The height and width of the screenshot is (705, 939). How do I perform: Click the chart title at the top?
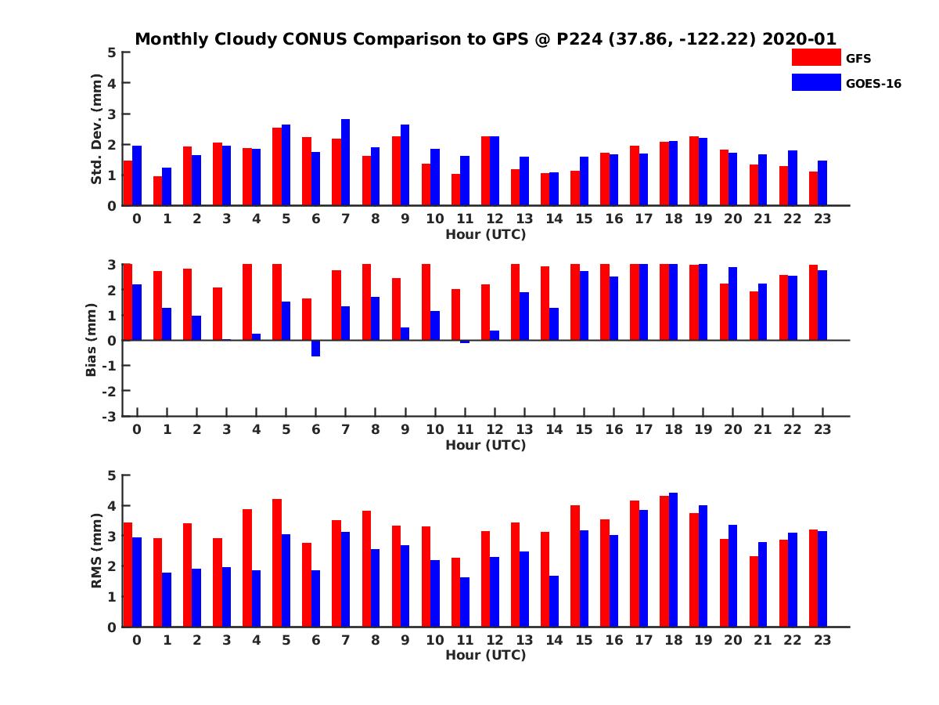(x=485, y=39)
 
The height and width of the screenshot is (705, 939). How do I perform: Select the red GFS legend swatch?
(x=815, y=57)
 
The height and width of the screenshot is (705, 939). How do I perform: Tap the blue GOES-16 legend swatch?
(x=815, y=81)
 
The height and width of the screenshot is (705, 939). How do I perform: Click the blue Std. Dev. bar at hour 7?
(x=345, y=162)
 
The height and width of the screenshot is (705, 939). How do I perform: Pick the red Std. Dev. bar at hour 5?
(x=277, y=166)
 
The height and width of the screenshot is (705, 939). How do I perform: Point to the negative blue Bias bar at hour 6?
(x=315, y=348)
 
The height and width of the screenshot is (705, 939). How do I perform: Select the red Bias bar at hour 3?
(x=218, y=313)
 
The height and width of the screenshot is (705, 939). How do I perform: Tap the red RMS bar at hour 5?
(x=277, y=562)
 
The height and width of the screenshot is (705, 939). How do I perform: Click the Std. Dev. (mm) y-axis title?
(x=97, y=129)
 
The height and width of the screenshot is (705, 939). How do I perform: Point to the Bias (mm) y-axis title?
(x=92, y=339)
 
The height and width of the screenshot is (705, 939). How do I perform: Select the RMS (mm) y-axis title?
(x=97, y=551)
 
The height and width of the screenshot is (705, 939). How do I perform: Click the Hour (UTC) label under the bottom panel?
(x=485, y=655)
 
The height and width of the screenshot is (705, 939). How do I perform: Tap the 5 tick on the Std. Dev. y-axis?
(x=113, y=52)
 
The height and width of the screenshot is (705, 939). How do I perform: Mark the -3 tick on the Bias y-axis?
(x=110, y=416)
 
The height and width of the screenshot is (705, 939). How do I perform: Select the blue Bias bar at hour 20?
(x=732, y=303)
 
